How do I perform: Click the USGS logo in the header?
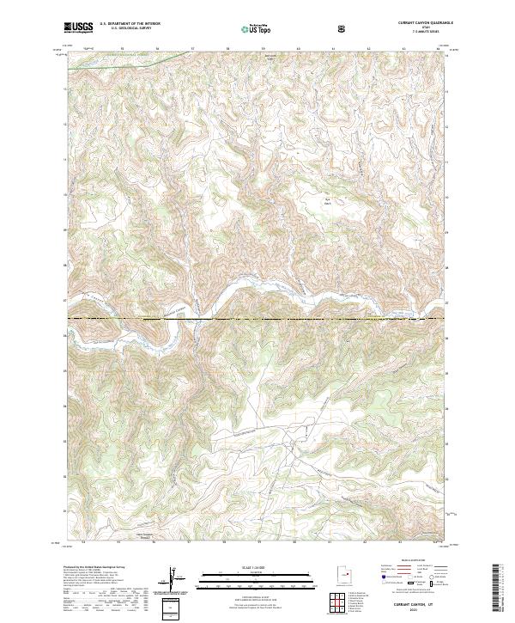[x=79, y=27]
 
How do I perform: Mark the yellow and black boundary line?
[x=257, y=320]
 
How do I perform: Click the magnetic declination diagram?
[x=178, y=578]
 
